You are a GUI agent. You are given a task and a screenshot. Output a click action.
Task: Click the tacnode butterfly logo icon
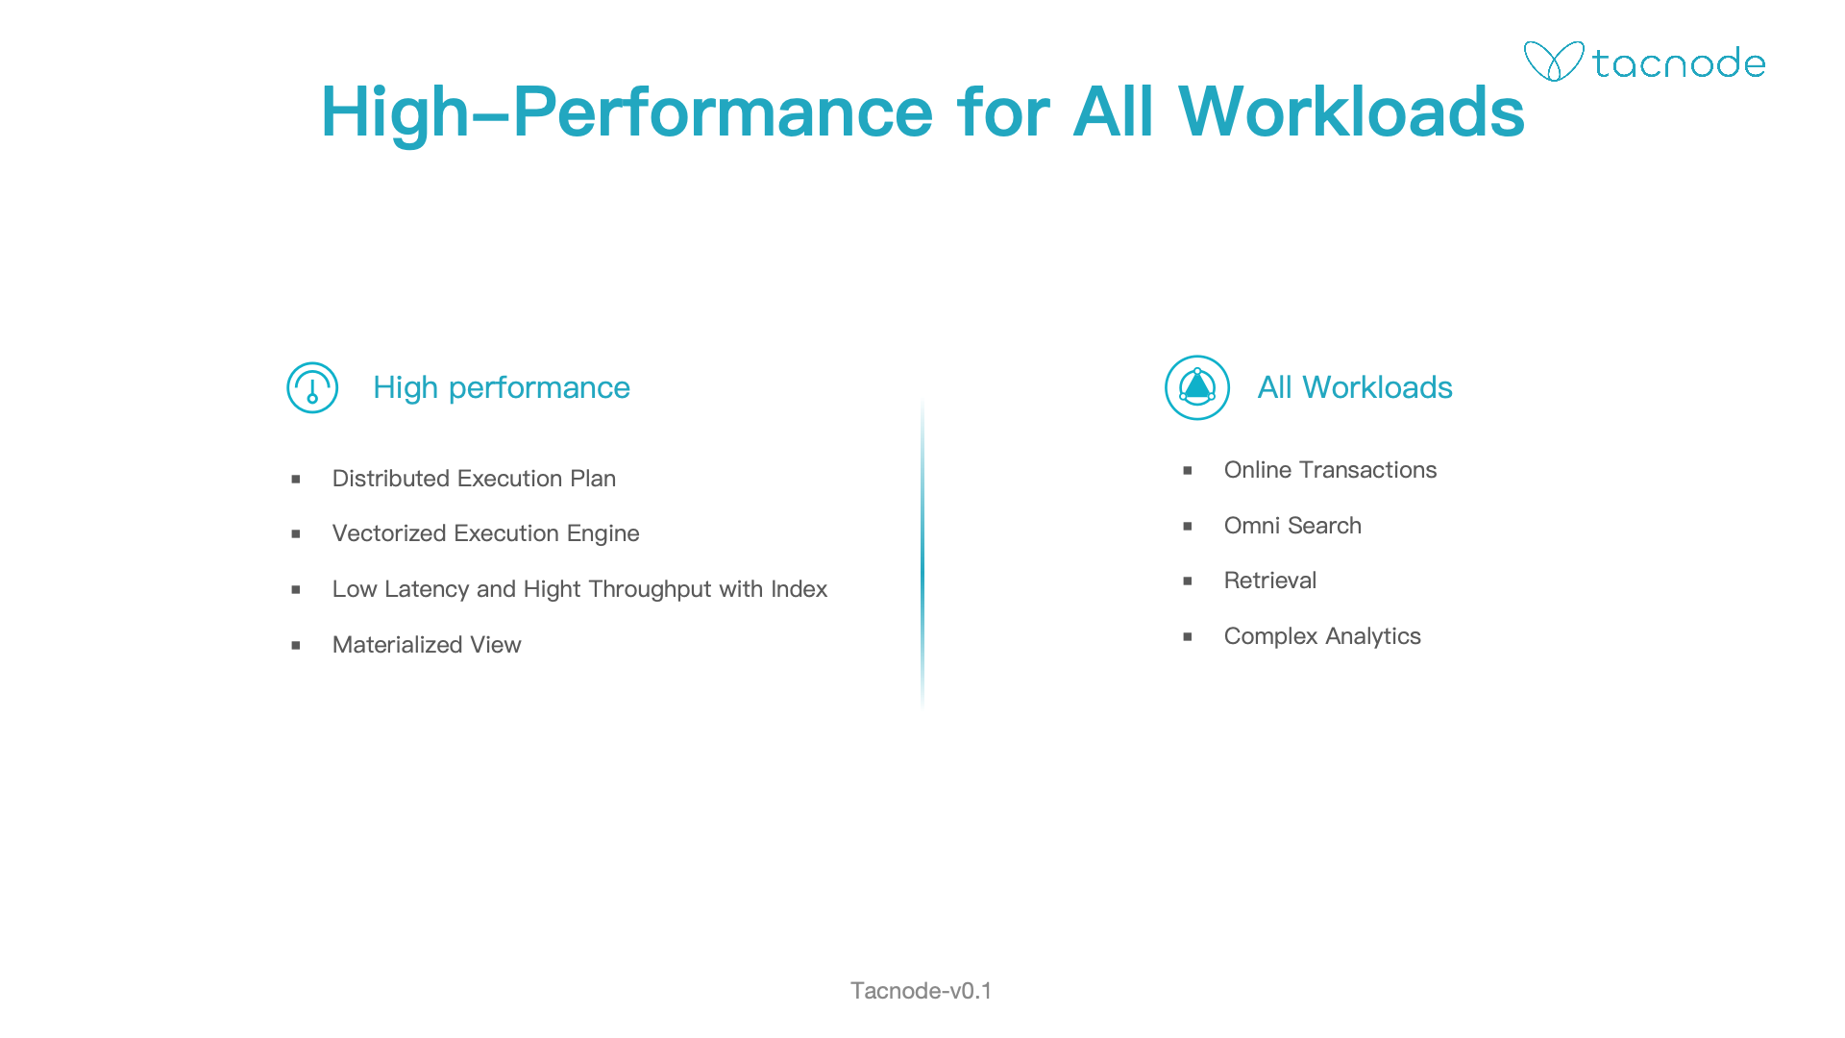[1554, 62]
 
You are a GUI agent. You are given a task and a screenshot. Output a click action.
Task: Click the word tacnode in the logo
[1679, 63]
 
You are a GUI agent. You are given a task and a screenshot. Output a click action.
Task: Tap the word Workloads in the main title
[1351, 111]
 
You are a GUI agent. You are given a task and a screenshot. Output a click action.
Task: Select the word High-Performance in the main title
[627, 113]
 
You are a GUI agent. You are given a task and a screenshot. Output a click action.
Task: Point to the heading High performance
[502, 387]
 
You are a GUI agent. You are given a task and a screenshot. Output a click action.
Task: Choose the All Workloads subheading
[1355, 387]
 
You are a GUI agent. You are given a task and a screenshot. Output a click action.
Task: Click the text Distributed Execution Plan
[474, 479]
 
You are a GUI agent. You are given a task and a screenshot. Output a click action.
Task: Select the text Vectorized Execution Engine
[485, 533]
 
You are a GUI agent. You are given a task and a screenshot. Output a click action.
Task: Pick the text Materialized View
[427, 645]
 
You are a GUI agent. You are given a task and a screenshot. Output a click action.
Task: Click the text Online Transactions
[1330, 470]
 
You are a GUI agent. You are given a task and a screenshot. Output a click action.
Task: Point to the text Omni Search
[1292, 526]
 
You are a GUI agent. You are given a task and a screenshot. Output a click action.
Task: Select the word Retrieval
[1270, 581]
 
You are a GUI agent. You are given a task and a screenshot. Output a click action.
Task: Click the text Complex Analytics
[1322, 636]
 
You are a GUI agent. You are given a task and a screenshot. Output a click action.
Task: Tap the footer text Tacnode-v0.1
[922, 991]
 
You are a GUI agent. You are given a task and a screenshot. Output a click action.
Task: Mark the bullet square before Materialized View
[296, 646]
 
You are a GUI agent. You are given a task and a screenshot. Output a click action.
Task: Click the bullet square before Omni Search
[1188, 527]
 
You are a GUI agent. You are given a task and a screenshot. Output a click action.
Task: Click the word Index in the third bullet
[799, 589]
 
